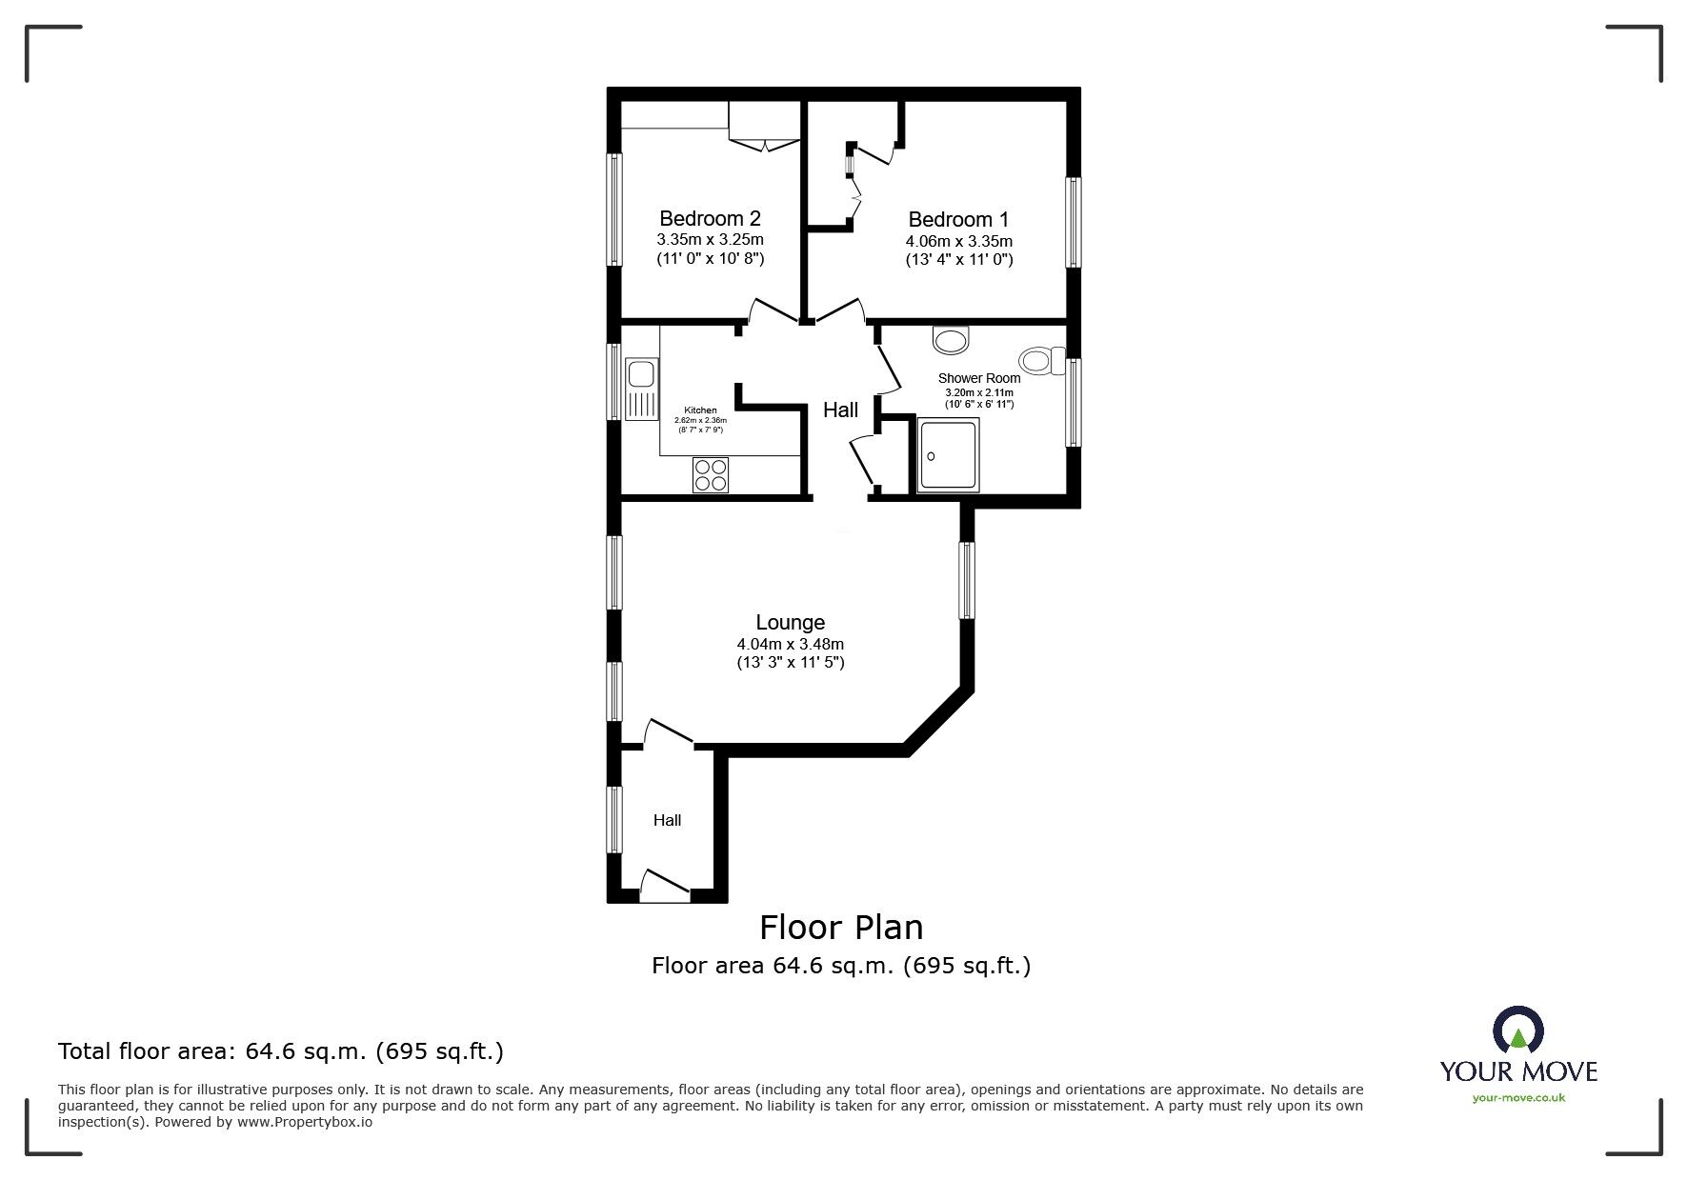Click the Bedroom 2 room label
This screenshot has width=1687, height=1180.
[x=710, y=219]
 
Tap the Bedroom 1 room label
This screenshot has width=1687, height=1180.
[x=958, y=219]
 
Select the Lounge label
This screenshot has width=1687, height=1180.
[x=790, y=623]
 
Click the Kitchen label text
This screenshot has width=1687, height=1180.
[x=700, y=410]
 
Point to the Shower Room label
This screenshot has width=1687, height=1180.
[x=979, y=378]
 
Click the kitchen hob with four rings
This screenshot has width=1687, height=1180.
[x=711, y=474]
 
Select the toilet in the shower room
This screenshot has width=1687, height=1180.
[x=1042, y=361]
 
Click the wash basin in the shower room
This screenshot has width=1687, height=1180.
[x=951, y=339]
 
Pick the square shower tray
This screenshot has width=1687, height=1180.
[x=948, y=455]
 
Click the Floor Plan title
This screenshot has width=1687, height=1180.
[x=841, y=927]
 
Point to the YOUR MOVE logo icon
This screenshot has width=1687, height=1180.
[x=1517, y=1031]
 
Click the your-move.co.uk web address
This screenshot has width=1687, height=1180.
[x=1518, y=1097]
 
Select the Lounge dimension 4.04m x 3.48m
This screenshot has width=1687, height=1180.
[x=791, y=644]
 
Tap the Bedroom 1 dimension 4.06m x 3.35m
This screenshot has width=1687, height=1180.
[x=958, y=241]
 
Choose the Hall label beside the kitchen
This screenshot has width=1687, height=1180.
[x=840, y=410]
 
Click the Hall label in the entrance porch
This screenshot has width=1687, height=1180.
[x=667, y=820]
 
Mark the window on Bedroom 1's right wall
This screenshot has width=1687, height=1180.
[x=1074, y=223]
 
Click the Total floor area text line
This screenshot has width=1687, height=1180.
[x=281, y=1051]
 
